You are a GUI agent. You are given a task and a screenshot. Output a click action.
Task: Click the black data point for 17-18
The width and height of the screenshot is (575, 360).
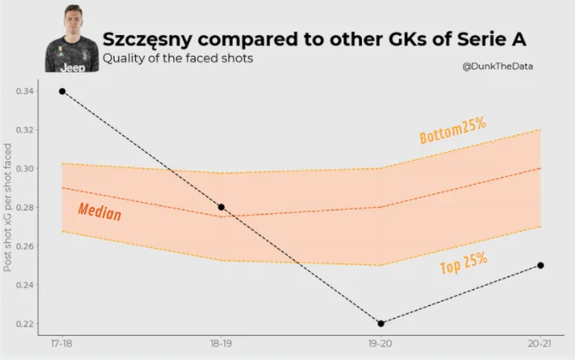tap(62, 91)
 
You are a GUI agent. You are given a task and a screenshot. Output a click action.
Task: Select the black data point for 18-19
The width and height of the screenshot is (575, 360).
tap(222, 207)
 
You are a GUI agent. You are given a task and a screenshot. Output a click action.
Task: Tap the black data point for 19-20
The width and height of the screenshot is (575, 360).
tap(381, 323)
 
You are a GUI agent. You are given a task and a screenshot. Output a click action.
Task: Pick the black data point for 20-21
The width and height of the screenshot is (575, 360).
tap(541, 265)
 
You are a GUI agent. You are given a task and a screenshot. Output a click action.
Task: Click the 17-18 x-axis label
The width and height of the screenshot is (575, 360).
tap(62, 344)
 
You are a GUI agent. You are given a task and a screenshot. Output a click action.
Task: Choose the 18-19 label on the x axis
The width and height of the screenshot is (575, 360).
tap(222, 344)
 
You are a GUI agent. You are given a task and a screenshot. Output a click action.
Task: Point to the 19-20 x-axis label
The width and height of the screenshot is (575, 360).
tap(381, 344)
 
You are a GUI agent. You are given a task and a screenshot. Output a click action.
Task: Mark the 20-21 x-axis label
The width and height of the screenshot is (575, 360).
tap(541, 344)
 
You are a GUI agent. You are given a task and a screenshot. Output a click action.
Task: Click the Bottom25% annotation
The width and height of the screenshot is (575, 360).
tap(453, 130)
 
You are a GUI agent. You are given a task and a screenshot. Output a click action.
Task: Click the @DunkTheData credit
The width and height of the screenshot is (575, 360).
tap(498, 66)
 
